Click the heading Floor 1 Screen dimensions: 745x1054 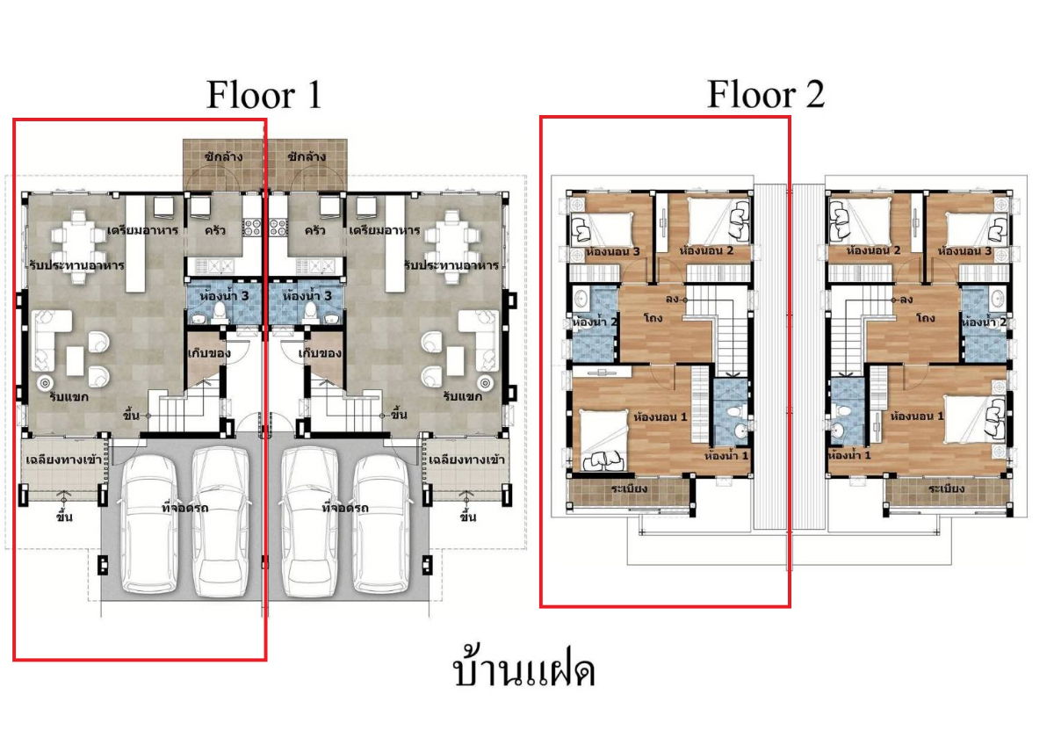(263, 94)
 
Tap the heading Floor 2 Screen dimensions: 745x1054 (766, 94)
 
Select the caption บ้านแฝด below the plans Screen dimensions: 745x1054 (524, 671)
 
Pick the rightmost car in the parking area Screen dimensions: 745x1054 (383, 522)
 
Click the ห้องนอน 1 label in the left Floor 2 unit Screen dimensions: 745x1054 (660, 416)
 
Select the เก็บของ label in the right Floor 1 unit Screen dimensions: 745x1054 (320, 353)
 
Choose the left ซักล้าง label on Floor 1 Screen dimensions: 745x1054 (222, 156)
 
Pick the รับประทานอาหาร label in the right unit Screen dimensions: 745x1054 (451, 264)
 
